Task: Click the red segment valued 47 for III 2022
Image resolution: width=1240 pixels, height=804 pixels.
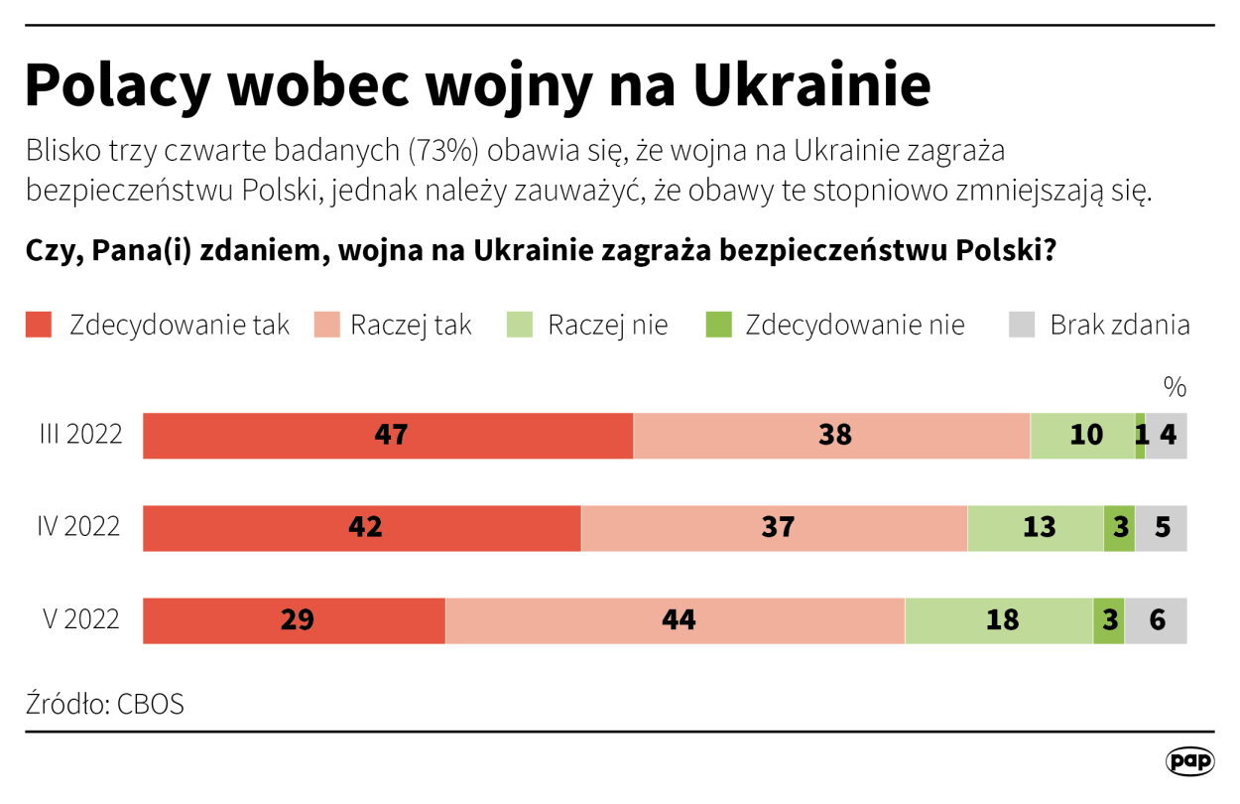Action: (x=388, y=436)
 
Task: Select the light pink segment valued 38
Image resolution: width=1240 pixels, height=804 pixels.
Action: (x=831, y=436)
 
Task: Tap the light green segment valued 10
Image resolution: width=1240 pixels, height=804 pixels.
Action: (x=1082, y=436)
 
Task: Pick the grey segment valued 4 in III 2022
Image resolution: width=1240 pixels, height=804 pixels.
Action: (x=1168, y=436)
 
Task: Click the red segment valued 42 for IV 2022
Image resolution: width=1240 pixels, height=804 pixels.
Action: (x=362, y=527)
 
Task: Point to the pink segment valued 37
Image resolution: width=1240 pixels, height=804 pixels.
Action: (x=774, y=527)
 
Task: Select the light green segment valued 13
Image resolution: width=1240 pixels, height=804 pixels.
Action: (x=1036, y=527)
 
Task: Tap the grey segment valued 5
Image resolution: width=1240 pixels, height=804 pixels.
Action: (x=1162, y=527)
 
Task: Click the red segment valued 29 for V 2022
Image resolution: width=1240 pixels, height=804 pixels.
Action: (x=295, y=620)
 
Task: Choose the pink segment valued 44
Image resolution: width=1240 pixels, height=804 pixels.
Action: (x=675, y=620)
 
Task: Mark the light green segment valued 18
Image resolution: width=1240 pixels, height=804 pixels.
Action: (x=999, y=620)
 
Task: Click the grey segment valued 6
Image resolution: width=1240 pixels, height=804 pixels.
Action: (x=1156, y=620)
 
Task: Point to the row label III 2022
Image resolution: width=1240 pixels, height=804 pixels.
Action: (x=80, y=436)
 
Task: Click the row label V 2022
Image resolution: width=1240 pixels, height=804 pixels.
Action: (x=81, y=620)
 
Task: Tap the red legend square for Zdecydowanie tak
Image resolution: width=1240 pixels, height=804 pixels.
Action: (x=39, y=325)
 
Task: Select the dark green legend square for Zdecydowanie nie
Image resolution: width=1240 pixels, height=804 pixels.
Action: (x=717, y=325)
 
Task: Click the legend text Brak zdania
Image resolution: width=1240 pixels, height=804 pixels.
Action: (x=1119, y=325)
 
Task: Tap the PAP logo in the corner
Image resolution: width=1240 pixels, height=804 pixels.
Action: (x=1189, y=761)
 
